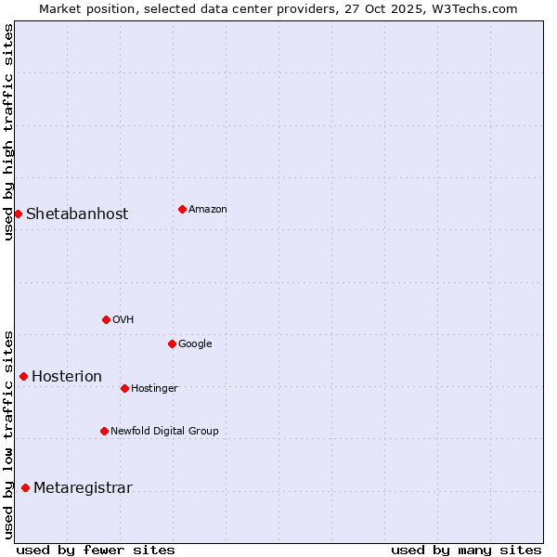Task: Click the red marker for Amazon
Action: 182,209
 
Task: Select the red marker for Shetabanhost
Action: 18,214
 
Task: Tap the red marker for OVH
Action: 106,319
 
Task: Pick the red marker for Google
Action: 172,343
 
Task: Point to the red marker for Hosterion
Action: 23,376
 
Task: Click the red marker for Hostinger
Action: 124,388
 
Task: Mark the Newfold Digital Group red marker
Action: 104,431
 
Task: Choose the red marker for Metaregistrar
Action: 25,487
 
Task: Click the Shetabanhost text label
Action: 77,214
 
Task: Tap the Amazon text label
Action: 208,209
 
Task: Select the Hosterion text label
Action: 67,376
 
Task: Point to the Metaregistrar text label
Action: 83,487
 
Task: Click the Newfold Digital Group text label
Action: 164,431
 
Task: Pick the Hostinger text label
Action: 154,388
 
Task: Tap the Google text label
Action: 195,343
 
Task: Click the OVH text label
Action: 123,319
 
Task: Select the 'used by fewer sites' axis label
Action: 96,550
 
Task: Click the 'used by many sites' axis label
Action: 466,550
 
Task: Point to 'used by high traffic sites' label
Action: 8,132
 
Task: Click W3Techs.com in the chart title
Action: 476,8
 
